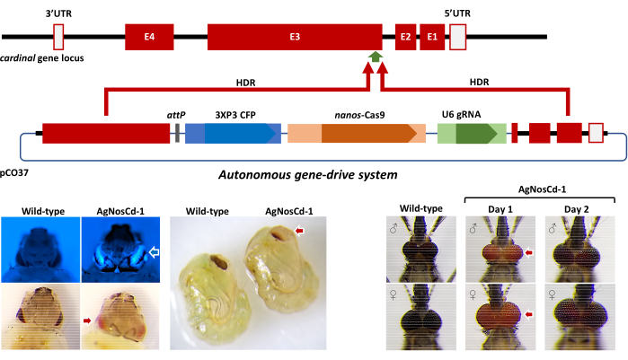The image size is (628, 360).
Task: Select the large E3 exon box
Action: point(295,37)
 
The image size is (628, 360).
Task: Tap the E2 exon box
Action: point(406,37)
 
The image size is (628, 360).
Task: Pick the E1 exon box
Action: point(432,37)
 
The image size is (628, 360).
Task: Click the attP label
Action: point(176,116)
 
